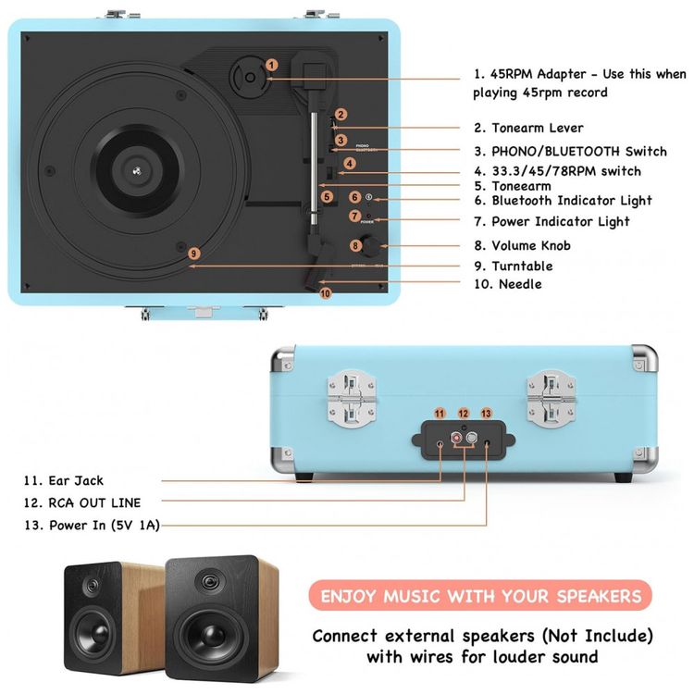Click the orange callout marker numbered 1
click(271, 66)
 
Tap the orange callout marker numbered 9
click(193, 254)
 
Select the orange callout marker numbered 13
click(486, 413)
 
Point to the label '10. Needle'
click(507, 284)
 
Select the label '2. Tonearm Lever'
click(528, 129)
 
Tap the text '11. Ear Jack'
click(64, 480)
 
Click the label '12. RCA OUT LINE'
click(82, 503)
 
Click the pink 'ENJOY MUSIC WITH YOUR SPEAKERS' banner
click(480, 596)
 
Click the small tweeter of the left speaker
click(92, 586)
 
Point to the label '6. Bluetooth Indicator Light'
click(572, 200)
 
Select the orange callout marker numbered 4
click(349, 164)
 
